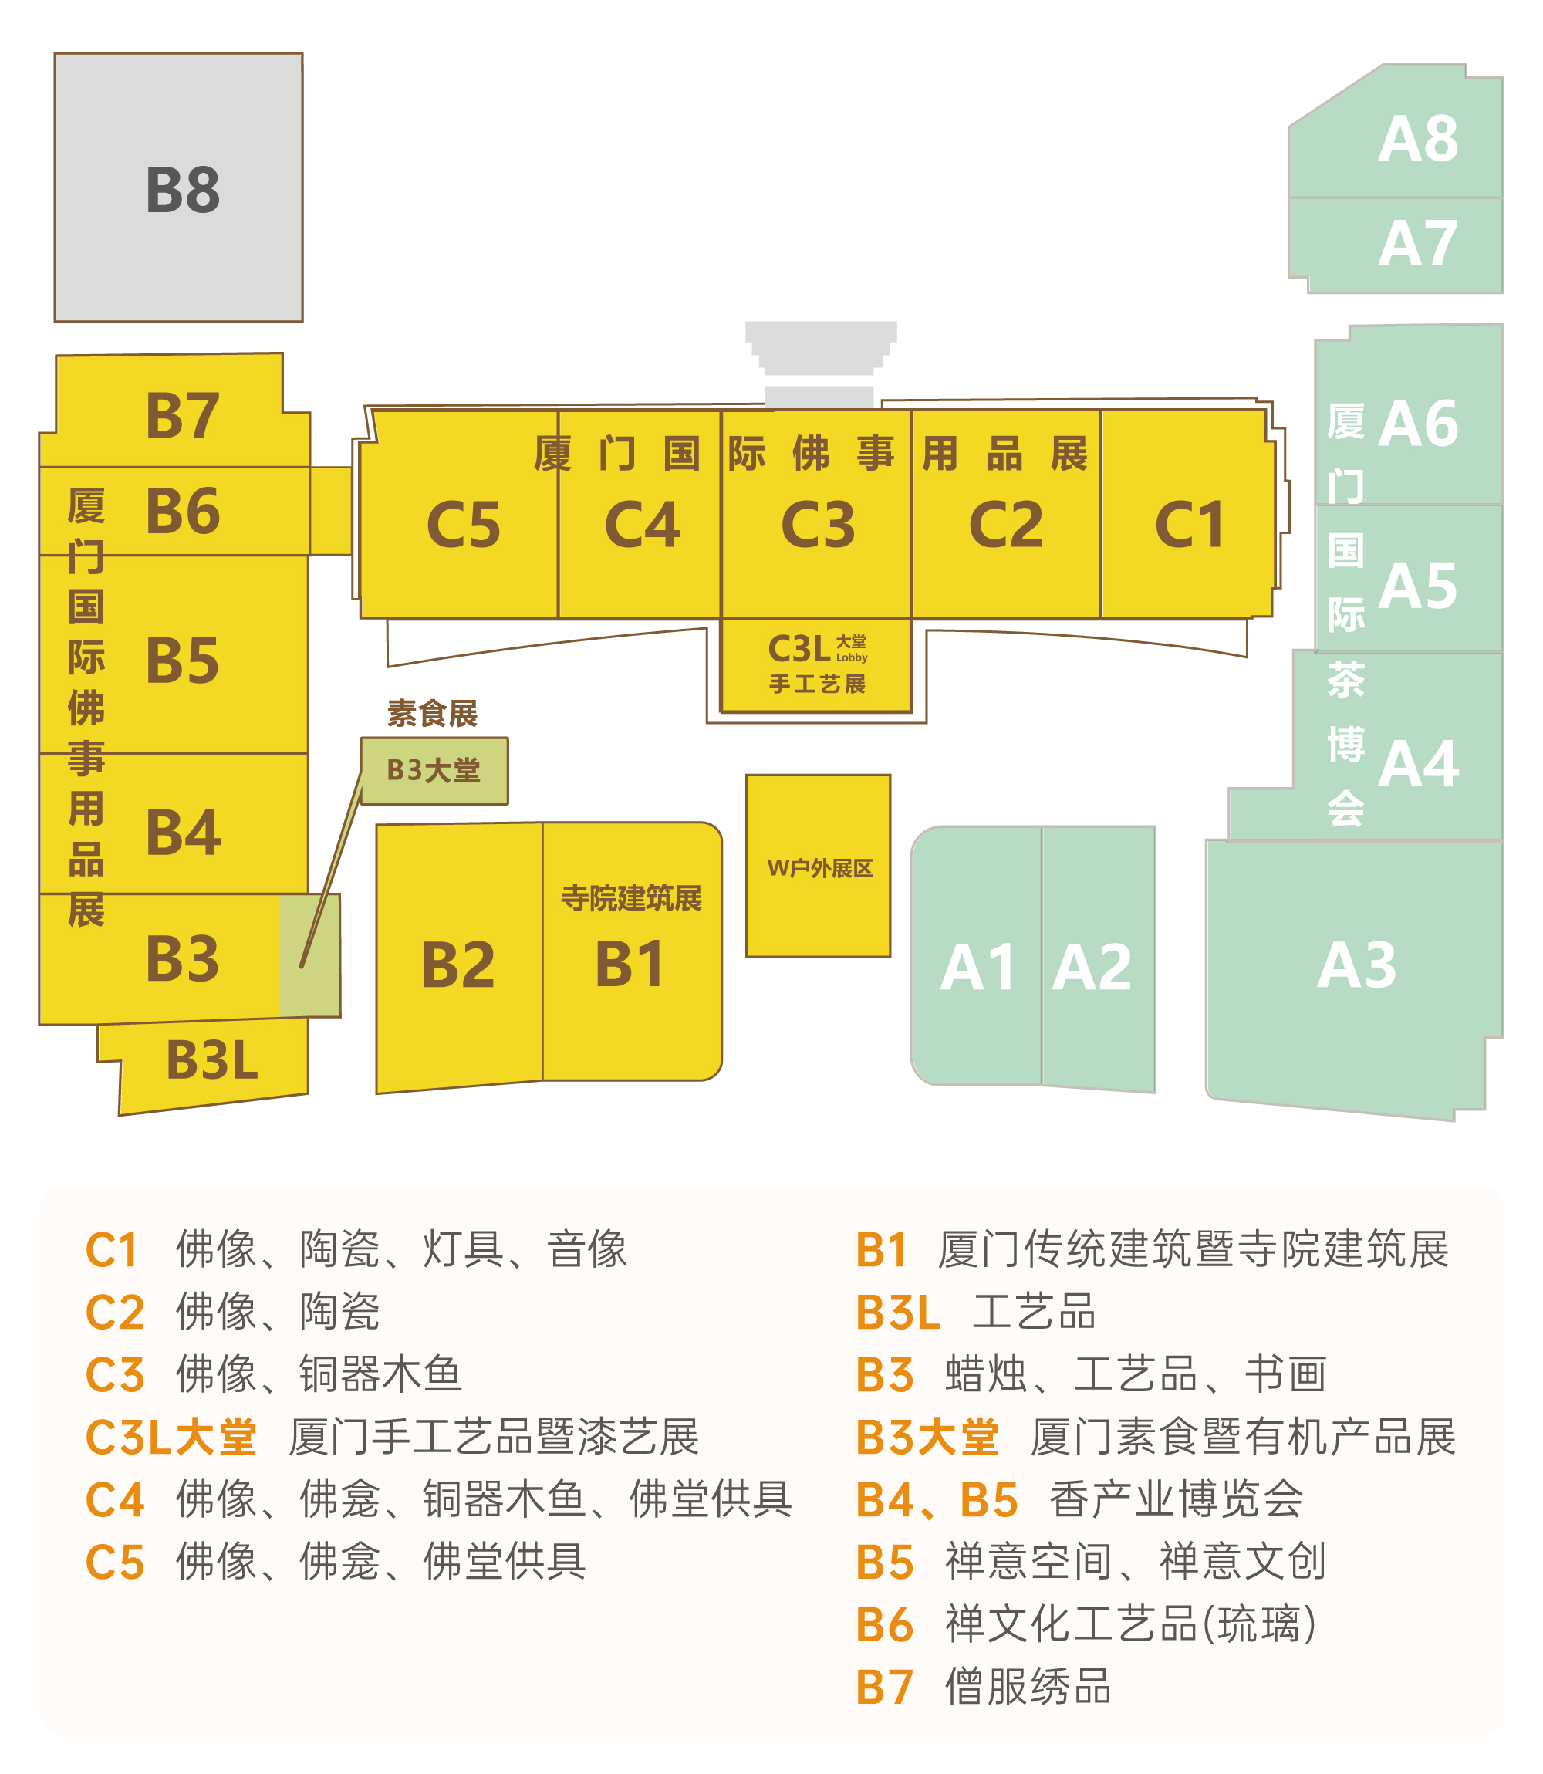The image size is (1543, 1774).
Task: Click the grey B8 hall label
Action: pyautogui.click(x=183, y=191)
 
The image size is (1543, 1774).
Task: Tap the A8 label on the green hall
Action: pyautogui.click(x=1417, y=139)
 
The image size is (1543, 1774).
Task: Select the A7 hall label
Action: pyautogui.click(x=1417, y=244)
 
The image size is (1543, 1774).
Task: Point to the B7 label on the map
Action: pyautogui.click(x=183, y=416)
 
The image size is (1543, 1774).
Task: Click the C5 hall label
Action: pyautogui.click(x=463, y=525)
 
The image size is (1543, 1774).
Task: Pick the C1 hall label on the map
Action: pyautogui.click(x=1189, y=525)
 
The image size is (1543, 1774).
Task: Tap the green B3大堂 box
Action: pyautogui.click(x=434, y=770)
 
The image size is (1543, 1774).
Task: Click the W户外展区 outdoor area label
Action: pyautogui.click(x=819, y=868)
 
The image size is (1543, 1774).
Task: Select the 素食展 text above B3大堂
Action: pyautogui.click(x=432, y=713)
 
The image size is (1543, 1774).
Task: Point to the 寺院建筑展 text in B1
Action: pyautogui.click(x=631, y=898)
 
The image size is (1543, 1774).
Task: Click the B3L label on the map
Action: pyautogui.click(x=212, y=1060)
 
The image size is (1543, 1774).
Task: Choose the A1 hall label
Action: pyautogui.click(x=977, y=968)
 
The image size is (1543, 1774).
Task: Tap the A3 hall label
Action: pyautogui.click(x=1356, y=965)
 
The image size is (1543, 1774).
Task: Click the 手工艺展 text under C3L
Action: pyautogui.click(x=817, y=684)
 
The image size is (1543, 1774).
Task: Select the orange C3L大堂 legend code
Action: pyautogui.click(x=171, y=1438)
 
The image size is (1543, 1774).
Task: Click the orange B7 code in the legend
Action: pyautogui.click(x=884, y=1687)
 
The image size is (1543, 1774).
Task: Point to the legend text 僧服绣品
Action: pyautogui.click(x=1028, y=1687)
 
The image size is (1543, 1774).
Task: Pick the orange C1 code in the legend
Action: pyautogui.click(x=112, y=1250)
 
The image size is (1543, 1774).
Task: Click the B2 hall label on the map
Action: pyautogui.click(x=458, y=965)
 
